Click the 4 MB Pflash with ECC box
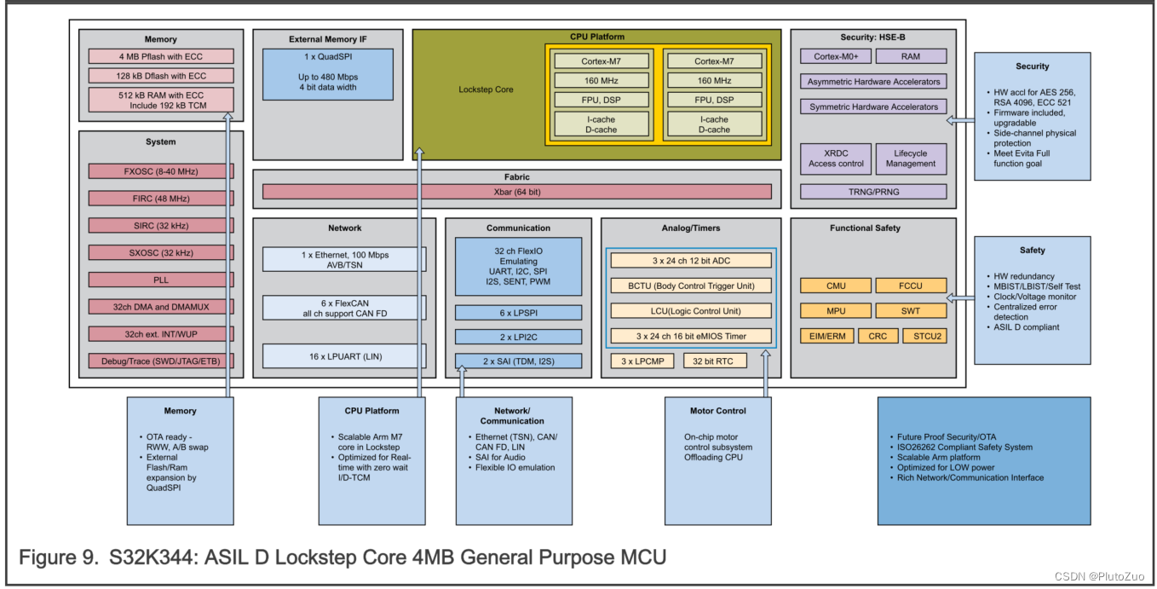(161, 56)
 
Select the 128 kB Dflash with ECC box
(161, 76)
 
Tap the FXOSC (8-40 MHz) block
(161, 171)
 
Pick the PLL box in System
(161, 280)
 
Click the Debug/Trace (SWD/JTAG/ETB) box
(161, 361)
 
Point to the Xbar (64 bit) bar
(516, 192)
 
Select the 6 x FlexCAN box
(344, 308)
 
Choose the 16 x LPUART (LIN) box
(344, 356)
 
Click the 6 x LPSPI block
(518, 313)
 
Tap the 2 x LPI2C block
(518, 337)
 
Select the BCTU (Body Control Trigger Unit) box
(691, 286)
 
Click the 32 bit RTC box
(713, 361)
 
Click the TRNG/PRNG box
(873, 192)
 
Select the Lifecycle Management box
(910, 159)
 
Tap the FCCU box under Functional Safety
(910, 286)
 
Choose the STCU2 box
(924, 336)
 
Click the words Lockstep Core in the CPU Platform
(486, 90)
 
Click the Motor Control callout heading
(717, 411)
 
